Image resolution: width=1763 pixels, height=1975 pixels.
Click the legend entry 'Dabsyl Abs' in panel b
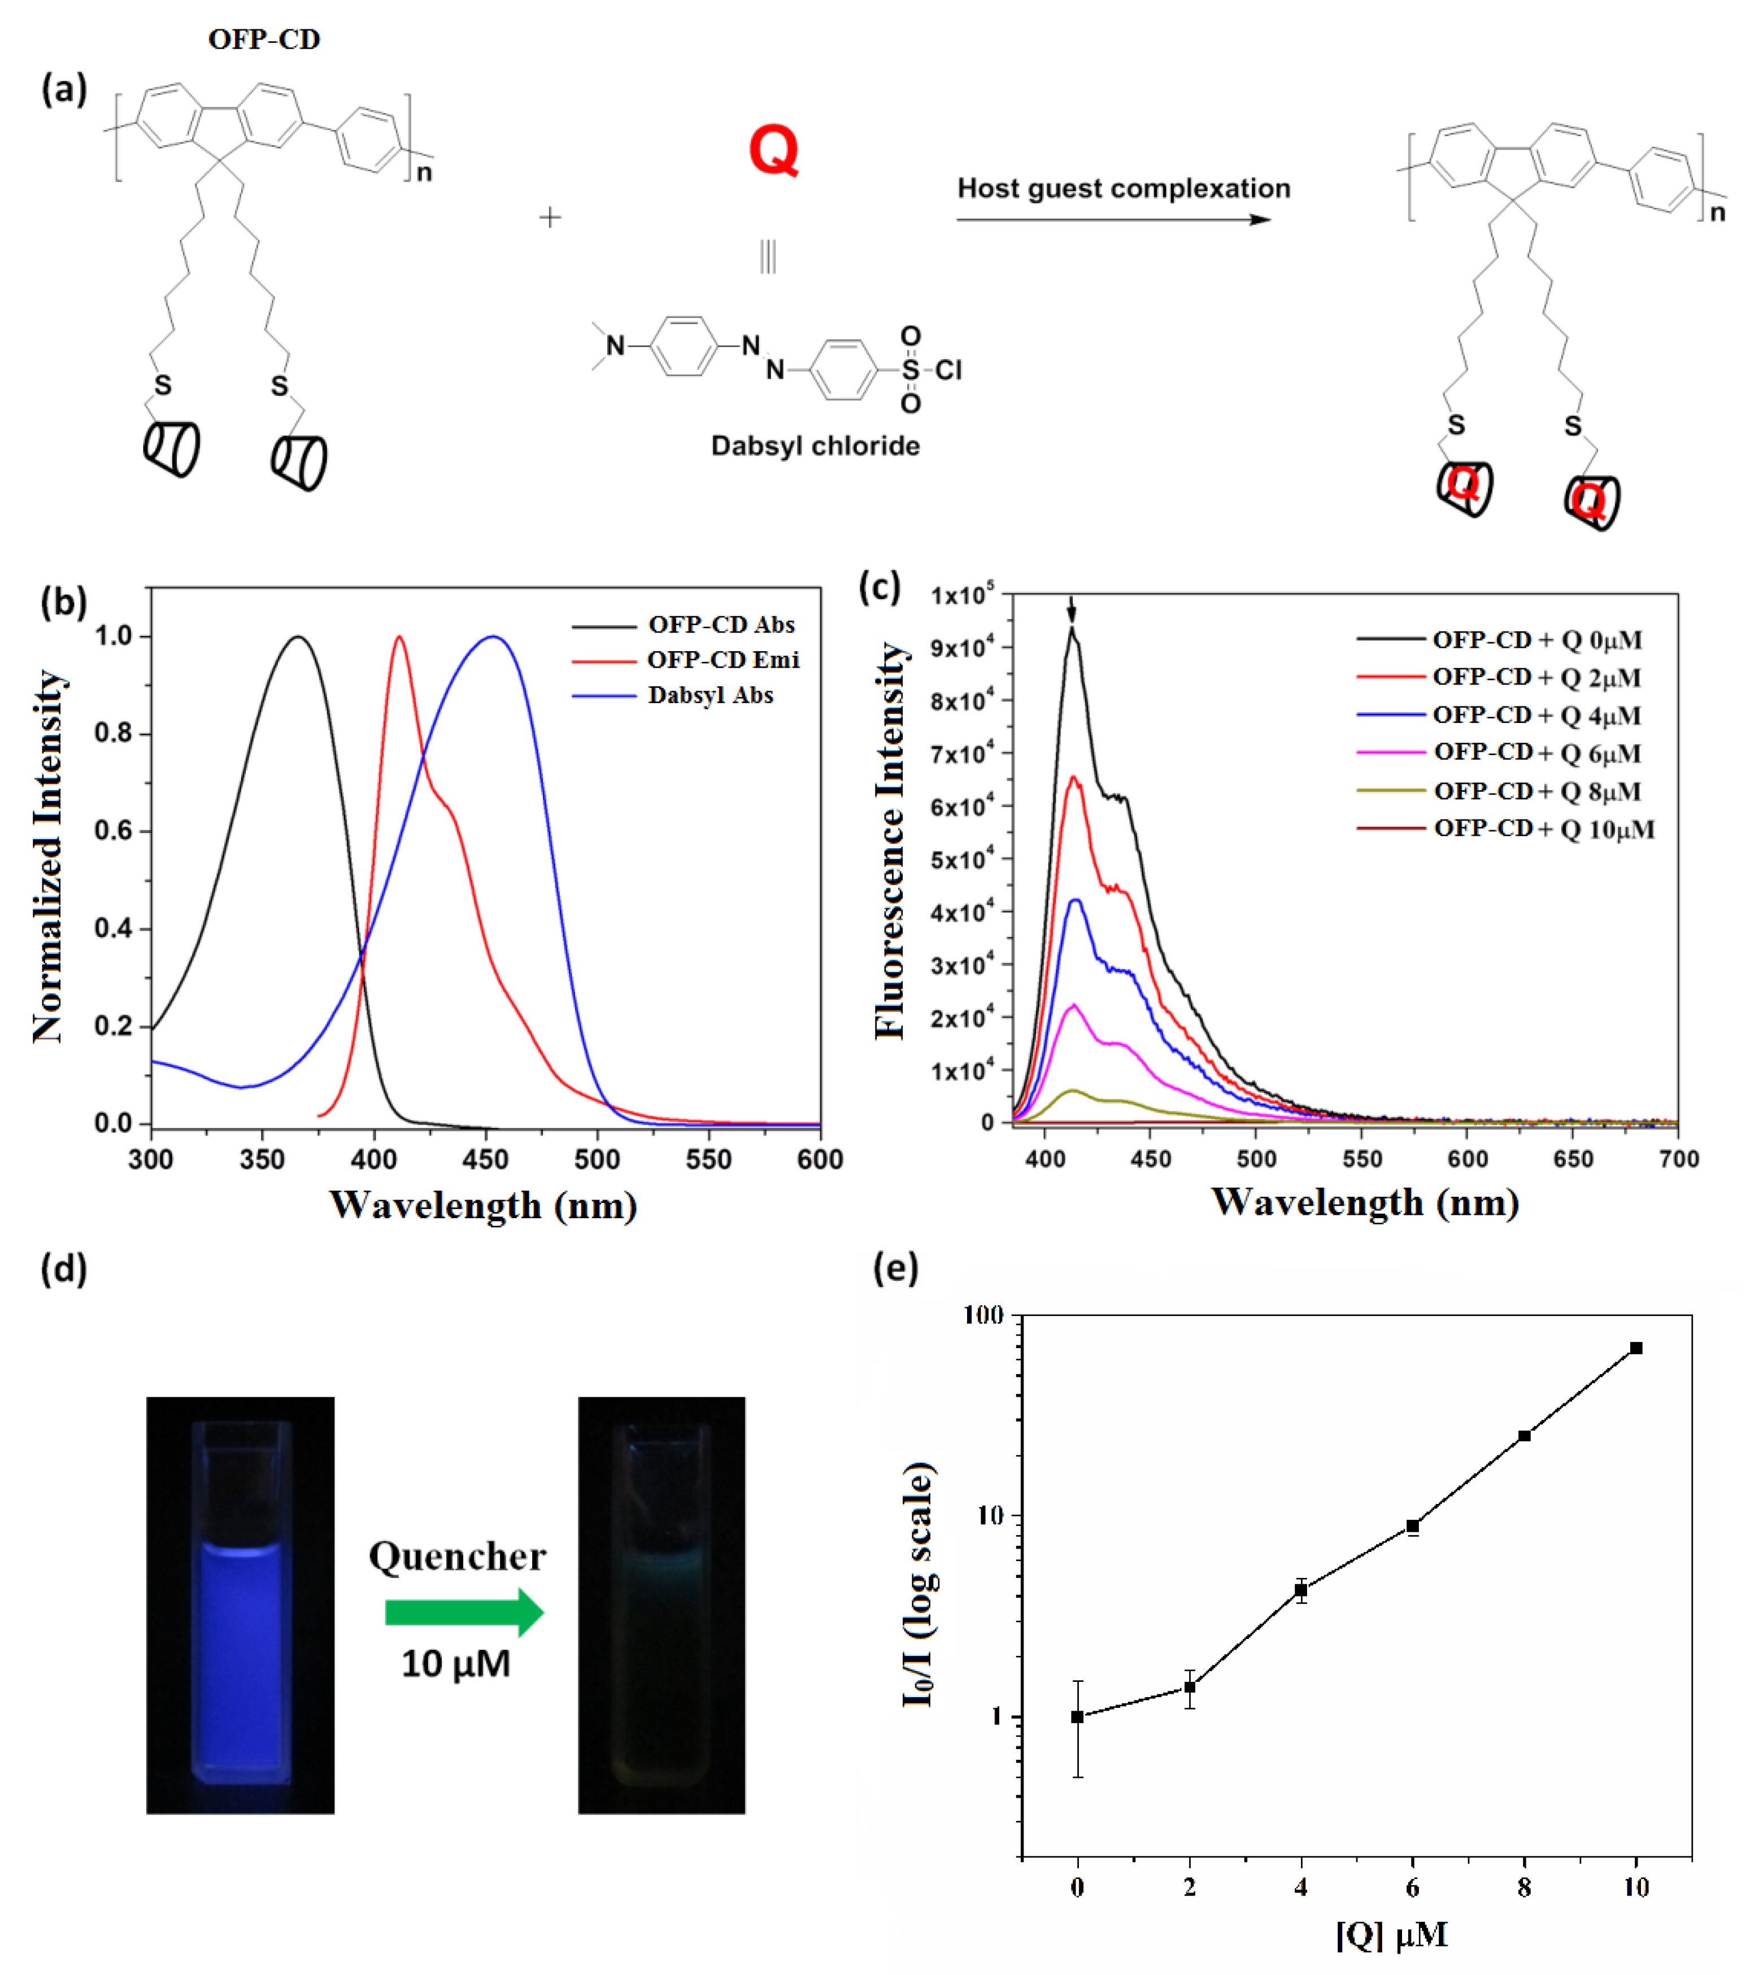(710, 695)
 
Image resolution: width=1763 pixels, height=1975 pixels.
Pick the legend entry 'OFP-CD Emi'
(722, 660)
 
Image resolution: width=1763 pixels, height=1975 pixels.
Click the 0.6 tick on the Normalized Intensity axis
(114, 831)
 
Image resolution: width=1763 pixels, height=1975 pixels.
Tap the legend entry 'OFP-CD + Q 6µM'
(1536, 753)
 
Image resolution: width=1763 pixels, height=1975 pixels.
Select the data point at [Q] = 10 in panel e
(1635, 1348)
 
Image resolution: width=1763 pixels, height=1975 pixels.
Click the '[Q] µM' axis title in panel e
(1391, 1934)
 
